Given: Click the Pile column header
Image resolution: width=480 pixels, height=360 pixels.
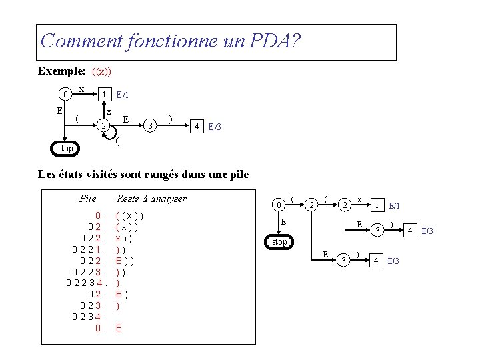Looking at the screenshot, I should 87,198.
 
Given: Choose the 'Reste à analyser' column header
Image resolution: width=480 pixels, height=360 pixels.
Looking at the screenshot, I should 151,198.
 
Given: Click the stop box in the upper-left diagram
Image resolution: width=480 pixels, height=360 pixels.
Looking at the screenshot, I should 65,147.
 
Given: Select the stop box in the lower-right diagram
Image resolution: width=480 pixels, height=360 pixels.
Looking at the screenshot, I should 280,241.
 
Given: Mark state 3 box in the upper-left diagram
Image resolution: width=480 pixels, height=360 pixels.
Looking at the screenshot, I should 151,125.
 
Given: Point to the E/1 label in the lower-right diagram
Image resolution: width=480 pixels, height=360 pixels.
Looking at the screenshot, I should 395,205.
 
